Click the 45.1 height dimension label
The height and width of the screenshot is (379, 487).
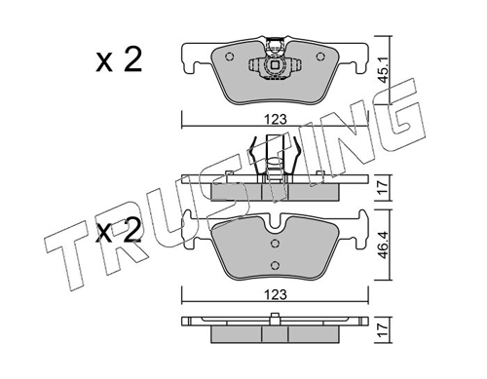pos(384,71)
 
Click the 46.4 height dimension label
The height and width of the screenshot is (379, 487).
pos(384,246)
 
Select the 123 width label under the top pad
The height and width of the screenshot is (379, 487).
pos(276,120)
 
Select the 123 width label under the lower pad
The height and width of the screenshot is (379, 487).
pos(276,294)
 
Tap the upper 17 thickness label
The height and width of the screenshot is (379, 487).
pos(384,188)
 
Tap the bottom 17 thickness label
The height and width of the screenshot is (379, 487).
pos(384,330)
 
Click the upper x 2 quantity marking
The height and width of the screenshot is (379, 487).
pos(119,59)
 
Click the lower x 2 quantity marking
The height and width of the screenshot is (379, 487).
pos(119,230)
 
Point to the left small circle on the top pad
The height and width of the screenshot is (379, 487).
pos(229,57)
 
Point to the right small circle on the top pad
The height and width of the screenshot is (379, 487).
pos(320,57)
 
